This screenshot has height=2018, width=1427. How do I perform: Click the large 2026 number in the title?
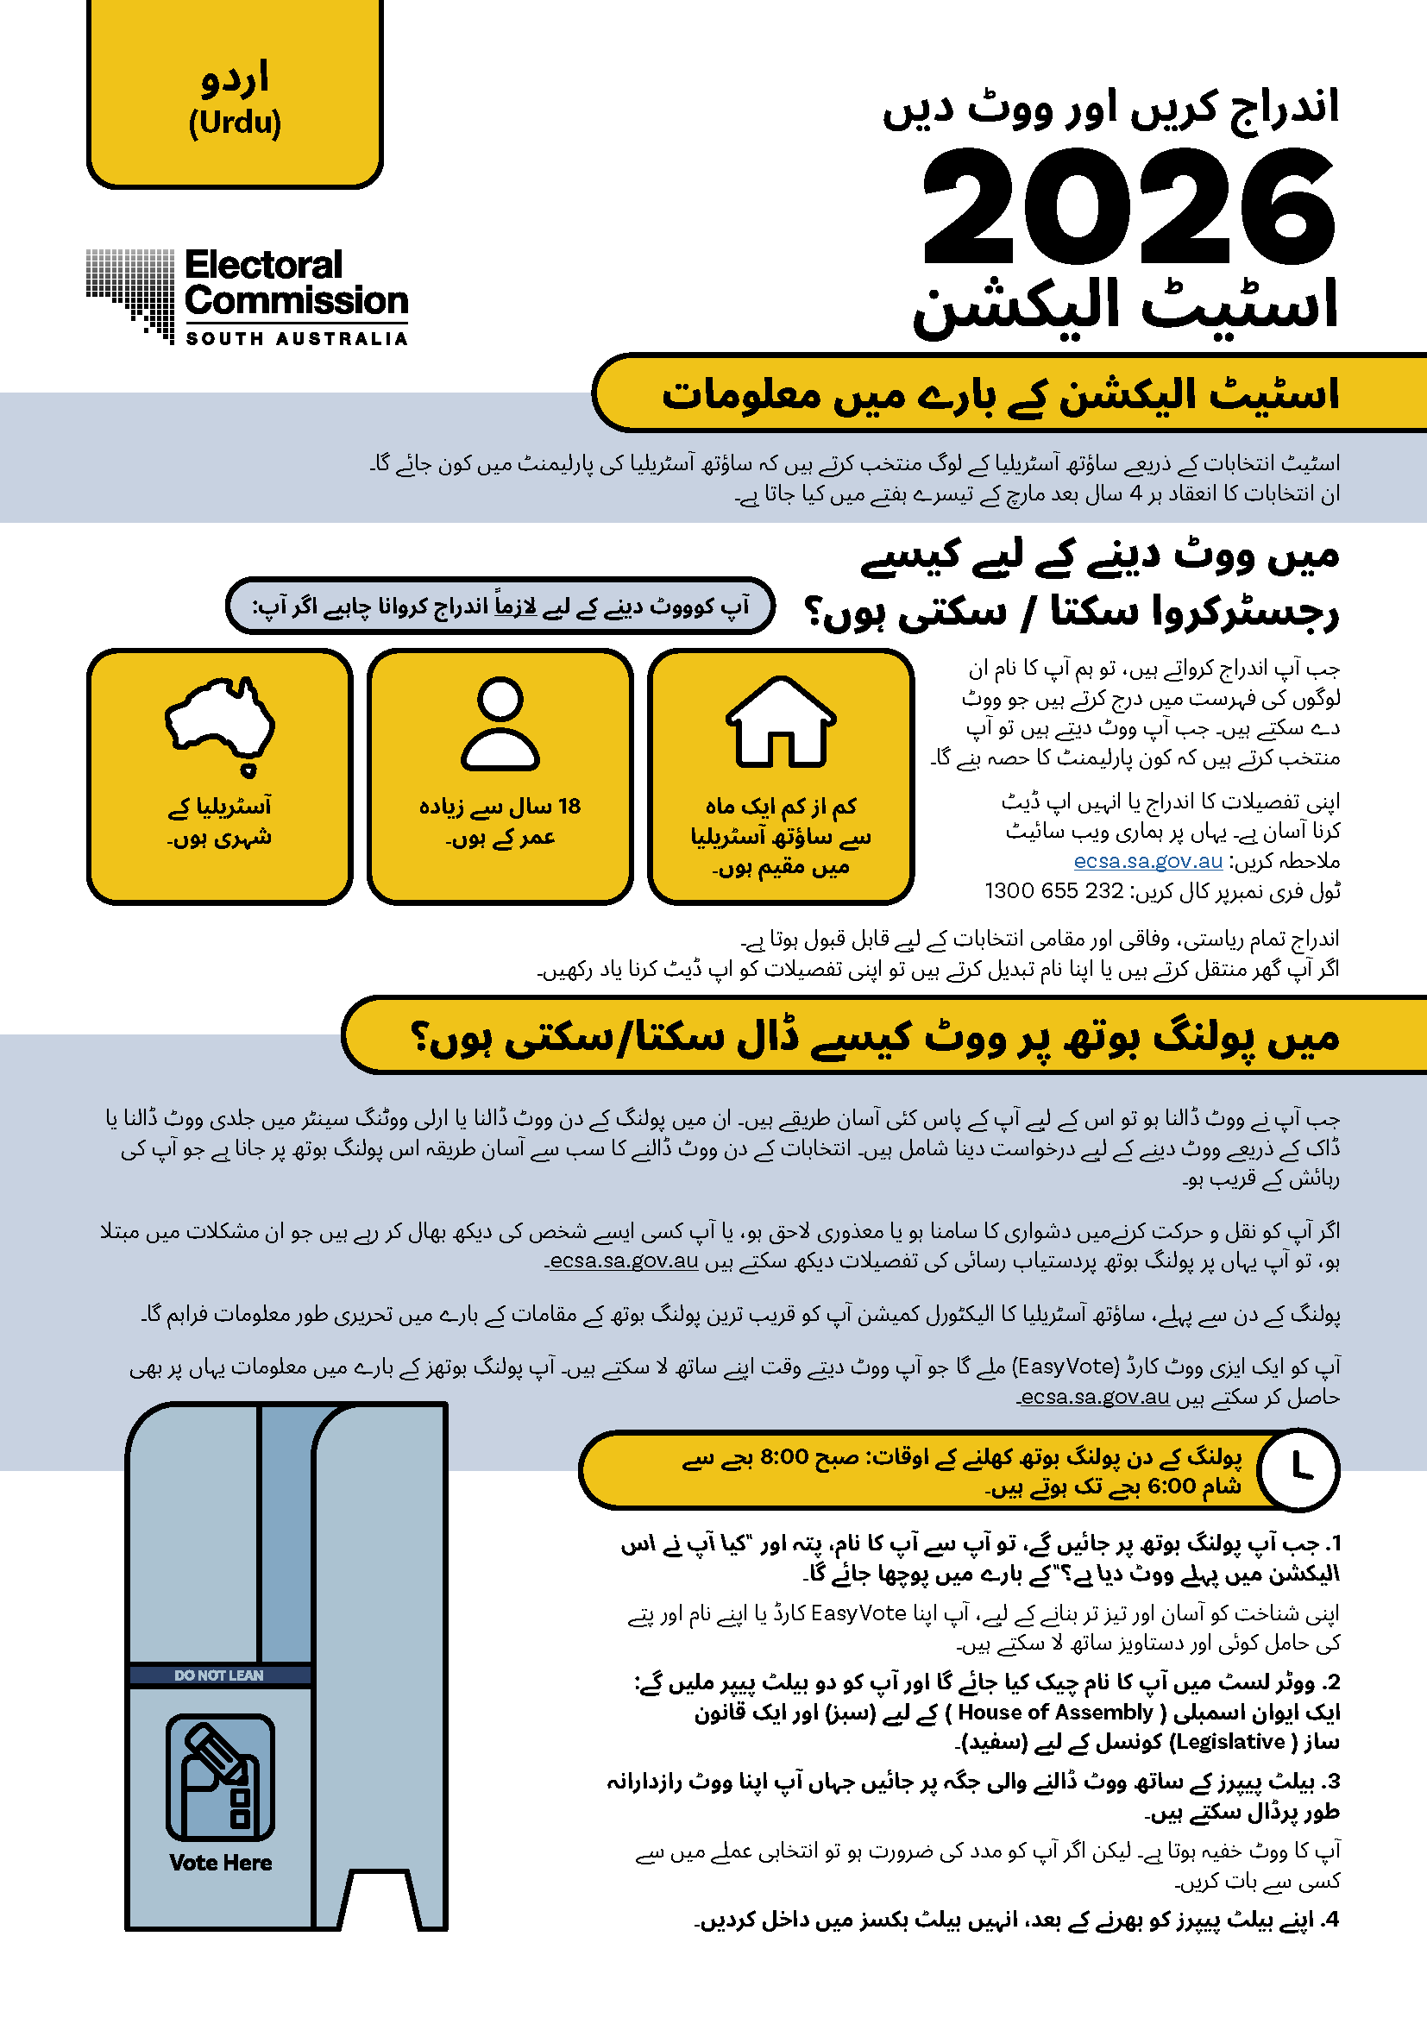point(1130,207)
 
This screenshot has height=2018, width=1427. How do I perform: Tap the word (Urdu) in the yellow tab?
point(235,123)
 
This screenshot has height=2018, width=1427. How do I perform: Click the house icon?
point(780,721)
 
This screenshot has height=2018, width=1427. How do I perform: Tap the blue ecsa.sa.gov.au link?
point(1147,860)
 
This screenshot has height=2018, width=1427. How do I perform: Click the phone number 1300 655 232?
point(1053,890)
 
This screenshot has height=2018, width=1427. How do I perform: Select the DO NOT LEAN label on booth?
point(219,1675)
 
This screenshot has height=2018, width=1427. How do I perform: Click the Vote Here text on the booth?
point(221,1863)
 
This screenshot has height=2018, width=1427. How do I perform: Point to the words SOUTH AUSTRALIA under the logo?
point(296,338)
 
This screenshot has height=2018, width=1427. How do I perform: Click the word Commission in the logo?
point(296,301)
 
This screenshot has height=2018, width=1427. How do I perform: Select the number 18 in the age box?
point(569,806)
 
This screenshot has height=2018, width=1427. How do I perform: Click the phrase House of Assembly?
point(1054,1712)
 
